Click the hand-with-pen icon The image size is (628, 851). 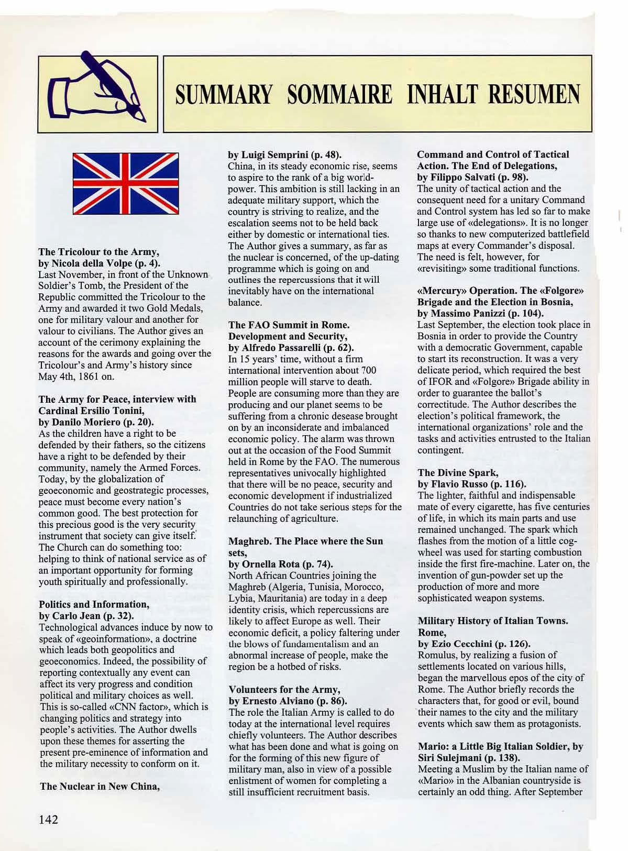click(x=97, y=94)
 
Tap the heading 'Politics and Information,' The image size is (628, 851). click(x=94, y=604)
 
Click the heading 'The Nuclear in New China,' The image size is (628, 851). click(x=100, y=786)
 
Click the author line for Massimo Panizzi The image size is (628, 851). click(x=480, y=313)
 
